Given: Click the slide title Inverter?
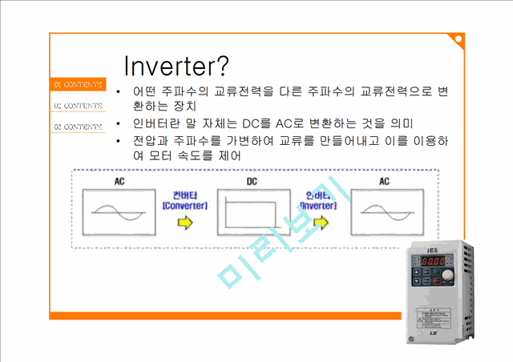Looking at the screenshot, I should [177, 66].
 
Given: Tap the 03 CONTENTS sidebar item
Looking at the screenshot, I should [76, 127].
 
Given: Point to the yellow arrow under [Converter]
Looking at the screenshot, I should [185, 224].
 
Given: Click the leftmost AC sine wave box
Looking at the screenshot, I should [119, 214].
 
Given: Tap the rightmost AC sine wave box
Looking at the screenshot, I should [384, 214].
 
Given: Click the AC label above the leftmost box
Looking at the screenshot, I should [119, 182].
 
